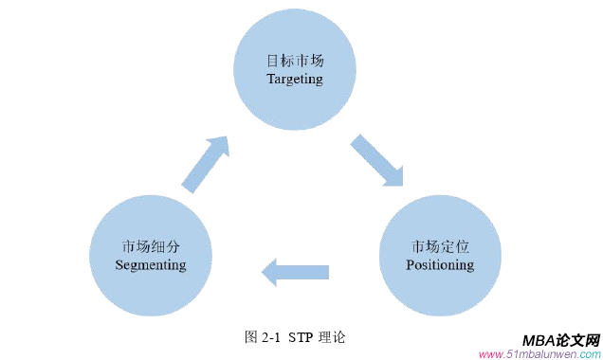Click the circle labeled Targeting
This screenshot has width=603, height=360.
pos(294,68)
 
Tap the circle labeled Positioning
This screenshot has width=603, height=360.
pos(439,256)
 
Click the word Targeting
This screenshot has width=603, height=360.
pos(294,80)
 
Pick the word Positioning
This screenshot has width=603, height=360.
pos(439,265)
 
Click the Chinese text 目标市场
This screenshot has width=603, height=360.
pos(294,59)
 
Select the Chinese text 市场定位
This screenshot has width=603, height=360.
pos(439,245)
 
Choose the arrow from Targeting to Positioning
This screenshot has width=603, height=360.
pos(377,159)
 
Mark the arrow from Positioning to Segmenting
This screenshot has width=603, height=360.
pos(295,273)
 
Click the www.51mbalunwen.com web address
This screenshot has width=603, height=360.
pos(539,354)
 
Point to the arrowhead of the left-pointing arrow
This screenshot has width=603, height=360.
pos(269,273)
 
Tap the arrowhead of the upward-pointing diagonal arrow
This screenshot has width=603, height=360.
pos(220,144)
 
